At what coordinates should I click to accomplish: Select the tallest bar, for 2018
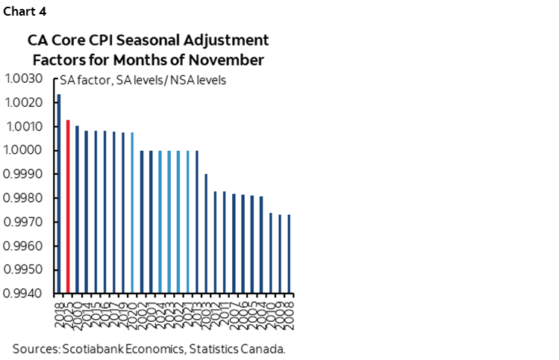[59, 193]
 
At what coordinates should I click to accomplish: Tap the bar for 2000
[77, 209]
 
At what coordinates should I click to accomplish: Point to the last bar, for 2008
[289, 254]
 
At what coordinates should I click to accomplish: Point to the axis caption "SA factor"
[81, 80]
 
